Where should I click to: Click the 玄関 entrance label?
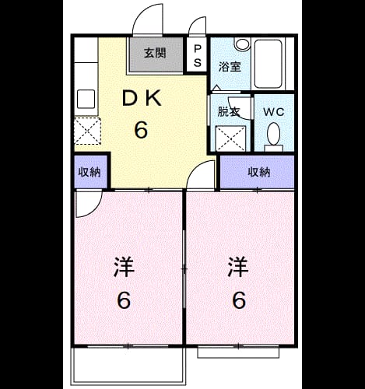(155, 53)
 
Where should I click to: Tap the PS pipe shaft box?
(197, 54)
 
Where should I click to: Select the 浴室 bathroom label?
(230, 67)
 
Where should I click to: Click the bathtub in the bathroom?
(268, 64)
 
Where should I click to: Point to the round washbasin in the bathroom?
(242, 44)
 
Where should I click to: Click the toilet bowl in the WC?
(274, 135)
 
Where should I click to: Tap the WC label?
(274, 112)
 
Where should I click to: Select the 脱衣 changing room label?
(228, 112)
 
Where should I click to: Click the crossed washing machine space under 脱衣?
(230, 138)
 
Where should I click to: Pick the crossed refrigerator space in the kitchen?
(87, 131)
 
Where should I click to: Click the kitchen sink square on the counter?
(86, 99)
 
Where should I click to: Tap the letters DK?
(142, 98)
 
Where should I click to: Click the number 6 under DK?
(141, 130)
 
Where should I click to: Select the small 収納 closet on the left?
(89, 172)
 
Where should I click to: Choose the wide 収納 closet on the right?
(258, 172)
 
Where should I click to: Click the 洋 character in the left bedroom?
(124, 267)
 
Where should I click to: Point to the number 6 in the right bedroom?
(239, 300)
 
